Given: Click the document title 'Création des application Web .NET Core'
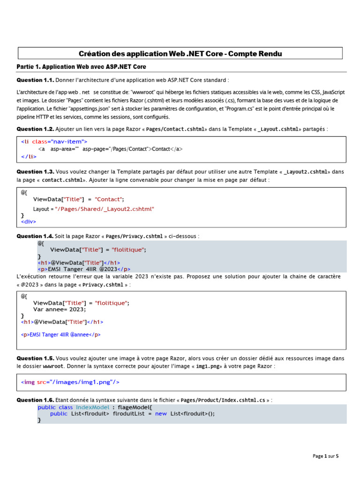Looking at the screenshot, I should point(180,53).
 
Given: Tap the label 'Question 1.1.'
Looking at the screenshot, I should point(35,80).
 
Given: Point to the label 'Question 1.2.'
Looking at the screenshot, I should point(35,129).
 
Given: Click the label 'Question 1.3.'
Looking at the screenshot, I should point(35,172).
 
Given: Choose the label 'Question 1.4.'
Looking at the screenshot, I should point(35,236).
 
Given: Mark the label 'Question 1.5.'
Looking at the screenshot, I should point(35,358).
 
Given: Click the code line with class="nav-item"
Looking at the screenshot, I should point(54,141).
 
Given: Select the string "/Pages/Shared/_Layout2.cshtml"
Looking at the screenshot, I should point(105,209).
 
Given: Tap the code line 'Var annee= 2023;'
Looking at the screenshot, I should point(60,309).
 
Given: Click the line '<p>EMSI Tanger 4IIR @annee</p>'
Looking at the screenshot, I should point(61,335).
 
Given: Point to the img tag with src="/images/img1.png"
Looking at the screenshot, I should point(70,382).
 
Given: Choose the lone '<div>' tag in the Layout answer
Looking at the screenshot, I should point(28,221).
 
